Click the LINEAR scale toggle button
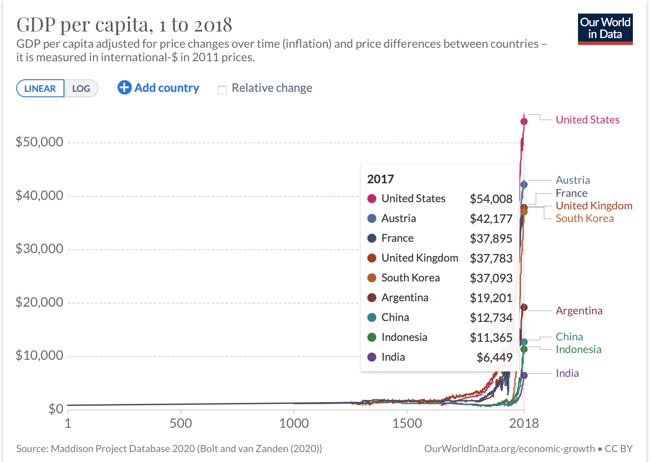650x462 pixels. point(40,88)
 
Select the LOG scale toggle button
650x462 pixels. point(81,88)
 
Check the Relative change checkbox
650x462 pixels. point(222,90)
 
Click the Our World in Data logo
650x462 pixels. point(605,29)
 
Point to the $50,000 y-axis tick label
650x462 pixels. point(40,142)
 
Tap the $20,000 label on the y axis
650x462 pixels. point(40,302)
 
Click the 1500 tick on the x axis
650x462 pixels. point(407,423)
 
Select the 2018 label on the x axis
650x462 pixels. point(524,423)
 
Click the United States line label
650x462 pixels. point(587,120)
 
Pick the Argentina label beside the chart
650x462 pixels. point(579,311)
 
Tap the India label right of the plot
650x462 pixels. point(567,373)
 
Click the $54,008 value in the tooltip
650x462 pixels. point(491,199)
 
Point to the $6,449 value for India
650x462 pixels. point(494,358)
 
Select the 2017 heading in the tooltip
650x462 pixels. point(380,179)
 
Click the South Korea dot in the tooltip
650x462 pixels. point(372,278)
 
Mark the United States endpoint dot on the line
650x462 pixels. point(524,121)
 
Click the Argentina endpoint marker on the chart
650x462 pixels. point(524,308)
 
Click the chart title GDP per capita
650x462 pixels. point(124,25)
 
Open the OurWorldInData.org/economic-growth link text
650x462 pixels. point(509,448)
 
